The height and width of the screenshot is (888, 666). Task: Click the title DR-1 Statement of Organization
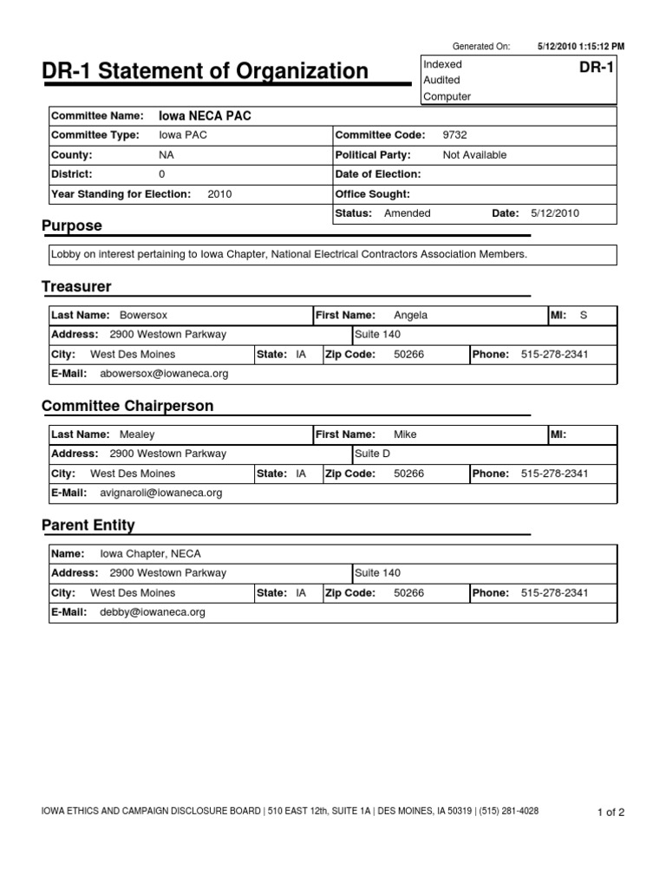(205, 70)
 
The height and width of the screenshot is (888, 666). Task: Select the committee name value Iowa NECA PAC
(206, 115)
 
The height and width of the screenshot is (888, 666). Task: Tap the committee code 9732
(454, 135)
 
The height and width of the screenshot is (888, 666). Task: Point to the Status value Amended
(407, 213)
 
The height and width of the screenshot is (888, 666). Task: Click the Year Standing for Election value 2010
(220, 194)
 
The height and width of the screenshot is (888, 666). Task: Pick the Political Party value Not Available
(474, 155)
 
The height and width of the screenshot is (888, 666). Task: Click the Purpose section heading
(72, 225)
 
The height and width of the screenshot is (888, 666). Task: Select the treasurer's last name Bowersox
(143, 316)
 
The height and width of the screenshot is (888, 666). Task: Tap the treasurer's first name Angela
(410, 316)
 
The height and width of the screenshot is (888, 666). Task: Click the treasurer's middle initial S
(583, 316)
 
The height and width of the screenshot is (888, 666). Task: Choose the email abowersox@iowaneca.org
(164, 374)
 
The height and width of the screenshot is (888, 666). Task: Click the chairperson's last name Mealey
(137, 434)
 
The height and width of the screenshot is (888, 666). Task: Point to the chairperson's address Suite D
(373, 454)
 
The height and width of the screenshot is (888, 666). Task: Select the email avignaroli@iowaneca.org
(161, 493)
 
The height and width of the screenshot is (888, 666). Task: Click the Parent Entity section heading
(88, 526)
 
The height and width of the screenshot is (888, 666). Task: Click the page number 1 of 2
(610, 813)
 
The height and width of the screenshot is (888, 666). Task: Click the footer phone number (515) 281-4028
(508, 812)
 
